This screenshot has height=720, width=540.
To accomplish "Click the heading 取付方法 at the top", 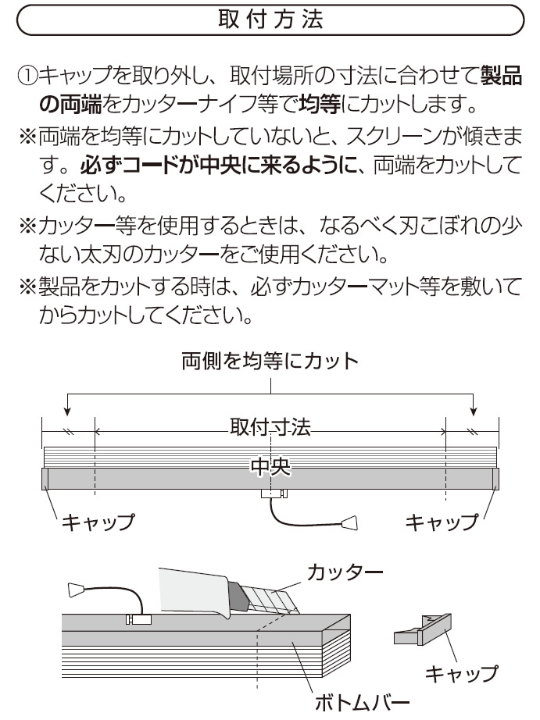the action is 270,20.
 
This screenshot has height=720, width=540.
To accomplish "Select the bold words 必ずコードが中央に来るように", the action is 218,166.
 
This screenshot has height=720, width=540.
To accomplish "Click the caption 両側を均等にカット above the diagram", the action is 270,361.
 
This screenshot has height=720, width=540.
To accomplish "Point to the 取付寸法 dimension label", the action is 270,427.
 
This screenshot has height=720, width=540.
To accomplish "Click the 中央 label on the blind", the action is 270,466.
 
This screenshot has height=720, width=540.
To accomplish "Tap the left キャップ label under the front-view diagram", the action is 98,522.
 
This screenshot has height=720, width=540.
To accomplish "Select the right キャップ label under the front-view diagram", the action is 442,522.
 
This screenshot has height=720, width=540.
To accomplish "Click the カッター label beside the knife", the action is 345,572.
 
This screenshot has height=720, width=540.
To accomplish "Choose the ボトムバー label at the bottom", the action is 362,702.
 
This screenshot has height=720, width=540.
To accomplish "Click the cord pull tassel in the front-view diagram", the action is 350,522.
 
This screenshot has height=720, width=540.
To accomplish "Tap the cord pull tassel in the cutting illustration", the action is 77,590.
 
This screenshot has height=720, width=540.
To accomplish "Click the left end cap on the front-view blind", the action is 45,479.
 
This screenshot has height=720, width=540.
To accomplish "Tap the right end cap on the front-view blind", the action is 496,479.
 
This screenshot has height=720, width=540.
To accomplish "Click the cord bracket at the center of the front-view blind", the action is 274,494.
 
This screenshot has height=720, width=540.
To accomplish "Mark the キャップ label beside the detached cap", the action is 461,674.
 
